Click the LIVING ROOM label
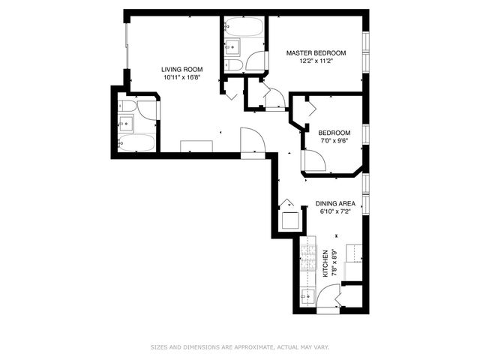tap(182, 67)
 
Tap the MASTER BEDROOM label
tap(316, 52)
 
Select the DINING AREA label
tap(335, 203)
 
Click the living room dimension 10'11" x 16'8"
tap(182, 76)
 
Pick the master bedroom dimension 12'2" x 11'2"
tap(316, 62)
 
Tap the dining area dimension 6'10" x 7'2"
tap(335, 212)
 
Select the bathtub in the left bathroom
tap(137, 142)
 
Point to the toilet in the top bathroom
tap(234, 65)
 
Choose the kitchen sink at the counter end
tap(305, 298)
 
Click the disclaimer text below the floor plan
tap(240, 346)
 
